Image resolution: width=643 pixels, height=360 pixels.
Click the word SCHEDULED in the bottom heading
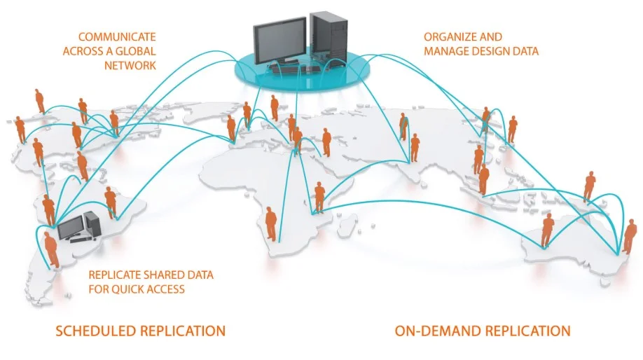pos(96,331)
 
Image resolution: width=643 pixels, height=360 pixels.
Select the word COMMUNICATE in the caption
pos(116,36)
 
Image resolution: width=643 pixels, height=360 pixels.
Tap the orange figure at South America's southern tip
pos(51,248)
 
